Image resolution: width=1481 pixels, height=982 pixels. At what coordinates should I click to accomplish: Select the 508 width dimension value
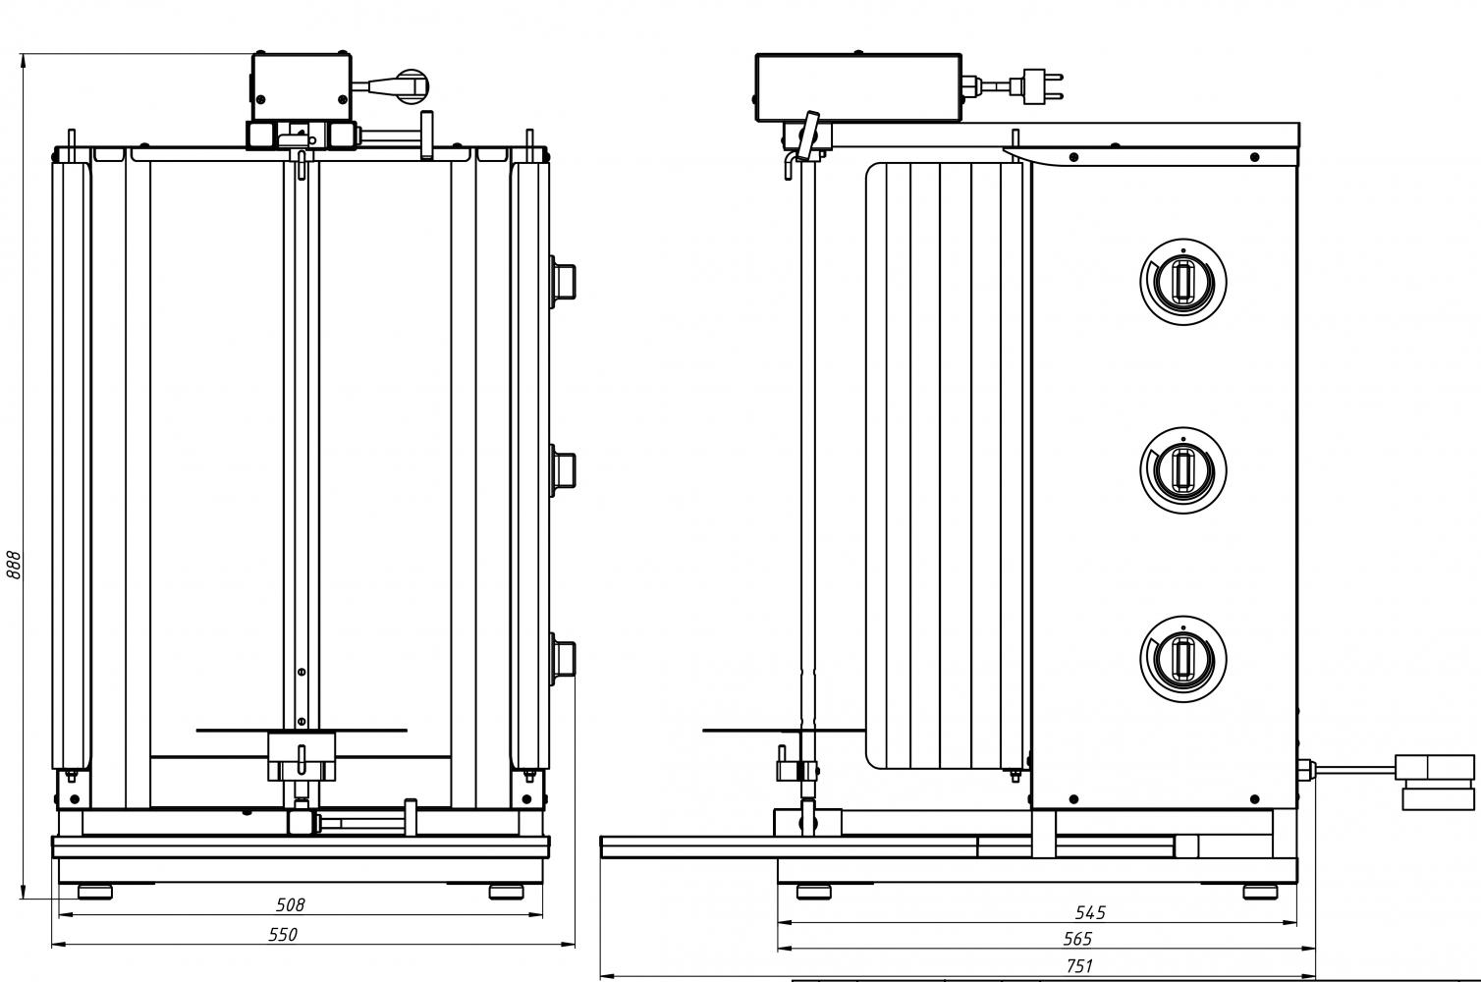[290, 904]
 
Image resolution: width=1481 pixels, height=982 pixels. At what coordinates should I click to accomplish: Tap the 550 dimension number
[283, 935]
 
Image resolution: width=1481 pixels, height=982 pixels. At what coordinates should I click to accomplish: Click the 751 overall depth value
[1078, 966]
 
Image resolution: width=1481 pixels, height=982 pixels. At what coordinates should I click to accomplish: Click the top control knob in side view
[1183, 281]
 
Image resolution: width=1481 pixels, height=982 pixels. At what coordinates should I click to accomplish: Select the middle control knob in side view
[1183, 468]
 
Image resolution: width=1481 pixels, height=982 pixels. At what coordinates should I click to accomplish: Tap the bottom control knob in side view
[1183, 656]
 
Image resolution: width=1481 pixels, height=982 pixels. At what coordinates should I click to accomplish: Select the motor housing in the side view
[857, 87]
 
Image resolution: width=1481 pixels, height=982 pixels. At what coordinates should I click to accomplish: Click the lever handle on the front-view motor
[403, 86]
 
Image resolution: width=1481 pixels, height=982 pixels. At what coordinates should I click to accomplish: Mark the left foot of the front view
[95, 892]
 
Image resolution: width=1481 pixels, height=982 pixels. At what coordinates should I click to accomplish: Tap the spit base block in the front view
[302, 757]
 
